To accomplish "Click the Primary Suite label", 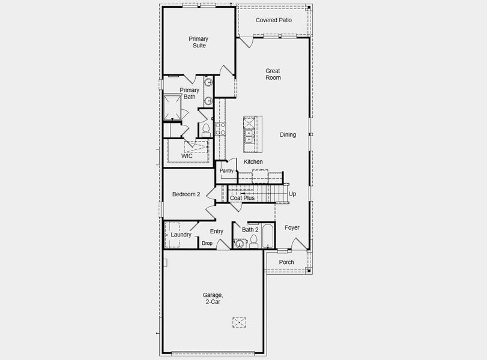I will coord(198,42).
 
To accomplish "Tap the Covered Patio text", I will coord(273,20).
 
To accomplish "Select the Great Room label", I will coord(273,74).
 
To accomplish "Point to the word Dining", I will coord(288,134).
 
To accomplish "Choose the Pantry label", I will coord(226,171).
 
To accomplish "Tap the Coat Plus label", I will coord(242,198).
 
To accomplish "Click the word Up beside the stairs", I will coord(292,194).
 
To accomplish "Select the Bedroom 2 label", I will coord(186,194).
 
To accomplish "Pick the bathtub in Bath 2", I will coord(267,236).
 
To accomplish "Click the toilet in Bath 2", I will coord(253,241).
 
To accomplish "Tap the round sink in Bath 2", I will coord(240,243).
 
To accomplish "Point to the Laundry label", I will coord(181,235).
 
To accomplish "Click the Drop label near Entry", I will coord(207,243).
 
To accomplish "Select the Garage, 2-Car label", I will coord(213,298).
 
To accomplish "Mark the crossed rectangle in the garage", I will coord(240,322).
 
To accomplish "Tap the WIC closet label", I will coord(187,156).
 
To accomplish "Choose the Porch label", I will coord(286,262).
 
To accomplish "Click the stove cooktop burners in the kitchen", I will coord(220,128).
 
